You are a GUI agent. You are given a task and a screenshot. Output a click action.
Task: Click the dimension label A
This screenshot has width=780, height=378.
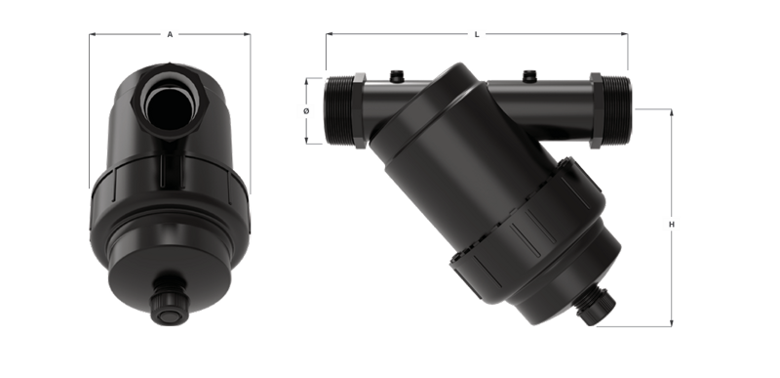tap(170, 34)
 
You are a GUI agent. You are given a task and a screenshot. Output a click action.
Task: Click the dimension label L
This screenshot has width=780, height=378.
tap(477, 34)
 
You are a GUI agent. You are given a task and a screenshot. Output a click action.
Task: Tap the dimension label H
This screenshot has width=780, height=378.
tap(672, 225)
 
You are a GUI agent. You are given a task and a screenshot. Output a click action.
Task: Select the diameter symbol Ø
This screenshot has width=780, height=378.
tap(306, 110)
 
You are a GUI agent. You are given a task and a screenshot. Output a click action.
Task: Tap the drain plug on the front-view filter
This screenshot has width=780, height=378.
tap(170, 305)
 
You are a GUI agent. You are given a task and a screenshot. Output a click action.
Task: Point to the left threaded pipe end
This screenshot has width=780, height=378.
tap(339, 110)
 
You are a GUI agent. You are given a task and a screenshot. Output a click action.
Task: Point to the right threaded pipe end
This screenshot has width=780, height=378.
tap(616, 110)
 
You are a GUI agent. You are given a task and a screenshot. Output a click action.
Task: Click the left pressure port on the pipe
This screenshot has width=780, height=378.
tap(397, 76)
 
